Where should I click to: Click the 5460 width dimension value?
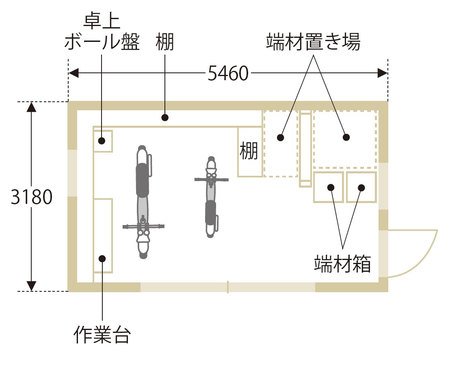click(228, 73)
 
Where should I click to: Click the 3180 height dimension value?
click(32, 198)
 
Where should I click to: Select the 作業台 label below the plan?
click(102, 334)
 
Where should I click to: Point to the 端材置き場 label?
click(313, 42)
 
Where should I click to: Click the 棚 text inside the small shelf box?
click(249, 151)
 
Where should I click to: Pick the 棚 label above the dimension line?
click(165, 42)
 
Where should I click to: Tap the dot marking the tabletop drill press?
click(102, 141)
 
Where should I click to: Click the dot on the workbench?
click(102, 258)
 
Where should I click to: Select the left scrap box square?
click(329, 187)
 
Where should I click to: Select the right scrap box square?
click(361, 187)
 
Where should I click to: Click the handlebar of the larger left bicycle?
click(143, 225)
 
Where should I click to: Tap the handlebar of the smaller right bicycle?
click(211, 179)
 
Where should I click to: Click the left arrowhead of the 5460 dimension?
click(74, 73)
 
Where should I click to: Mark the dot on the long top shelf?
click(165, 118)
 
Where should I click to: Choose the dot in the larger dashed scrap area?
click(346, 138)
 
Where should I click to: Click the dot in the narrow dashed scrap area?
click(280, 138)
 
